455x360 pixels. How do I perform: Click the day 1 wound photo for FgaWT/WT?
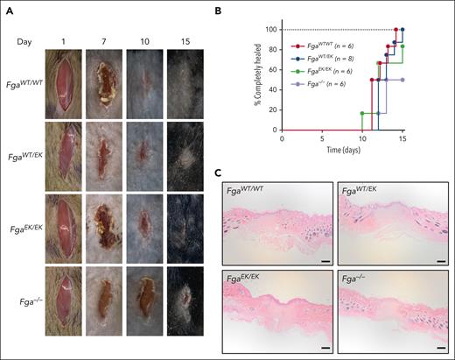(x=68, y=82)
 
